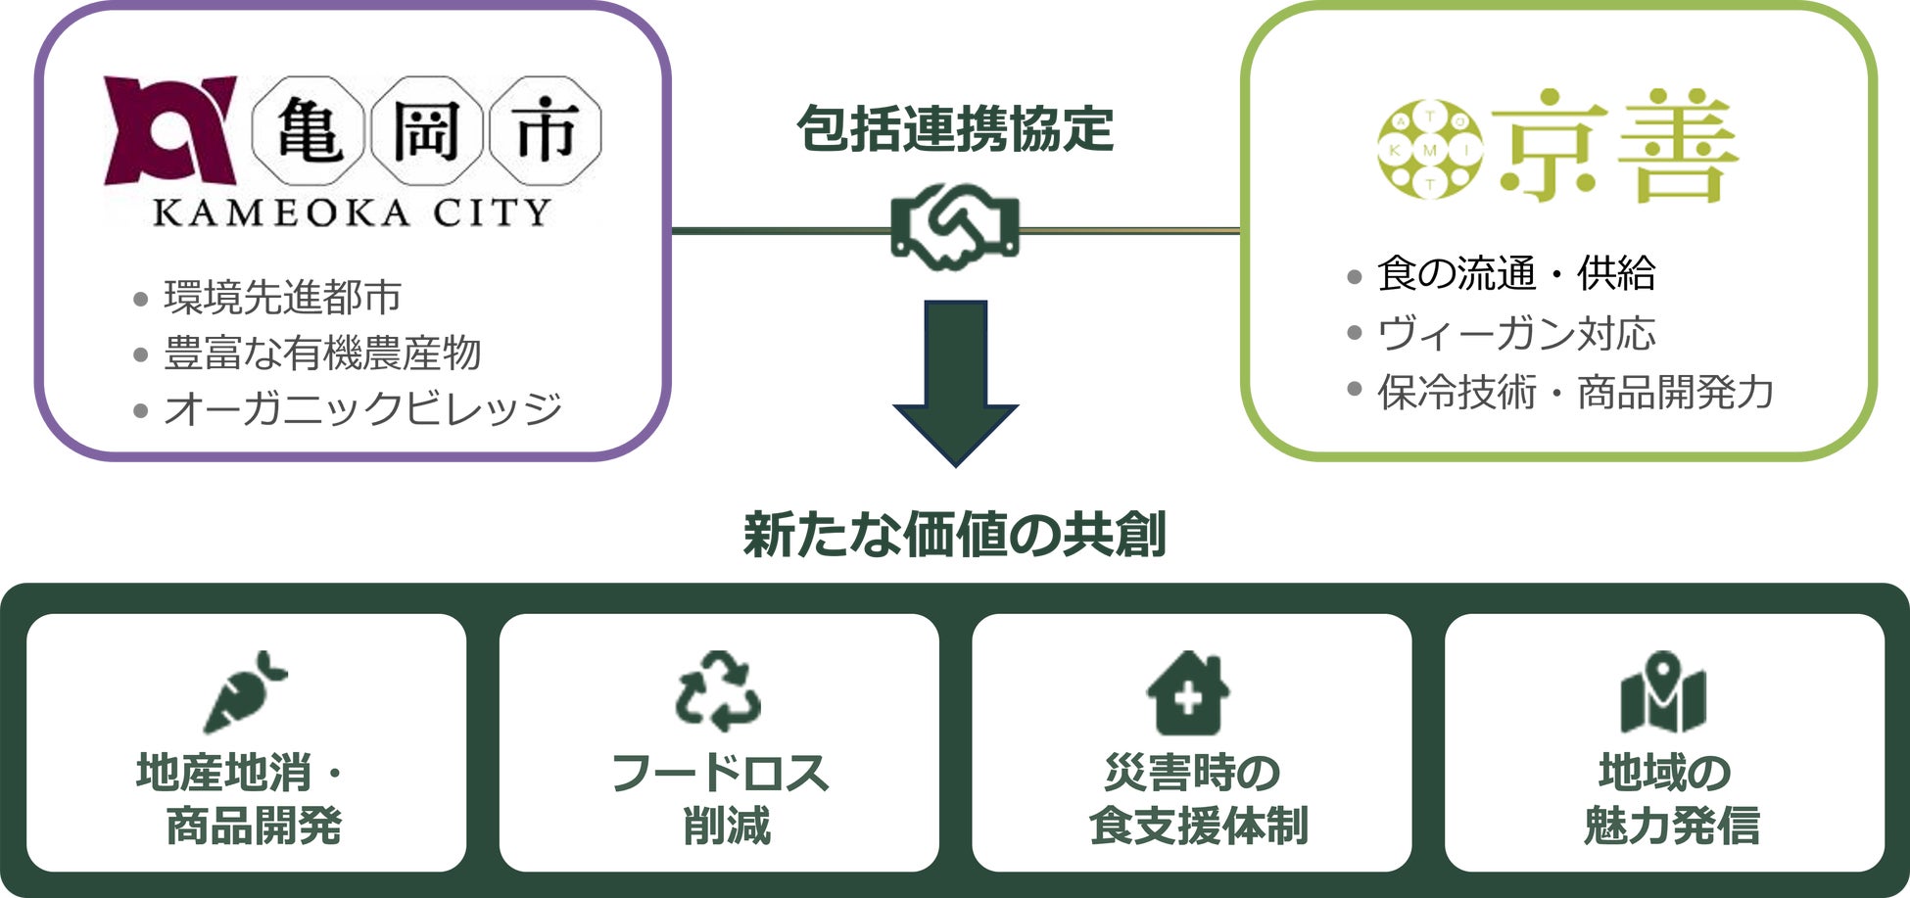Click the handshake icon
955,227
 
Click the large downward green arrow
955,382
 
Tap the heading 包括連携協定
955,129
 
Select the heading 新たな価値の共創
955,535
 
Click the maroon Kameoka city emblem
170,130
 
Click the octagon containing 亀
309,130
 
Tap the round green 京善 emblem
1429,150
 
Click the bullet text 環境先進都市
282,297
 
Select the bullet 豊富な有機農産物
322,353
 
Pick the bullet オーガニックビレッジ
362,408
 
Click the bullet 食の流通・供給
1515,273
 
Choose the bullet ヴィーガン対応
1515,333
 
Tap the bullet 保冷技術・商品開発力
1575,392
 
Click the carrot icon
244,691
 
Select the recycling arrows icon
718,691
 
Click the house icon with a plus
1188,693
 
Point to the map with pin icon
1663,693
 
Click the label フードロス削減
720,799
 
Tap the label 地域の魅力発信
1669,799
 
